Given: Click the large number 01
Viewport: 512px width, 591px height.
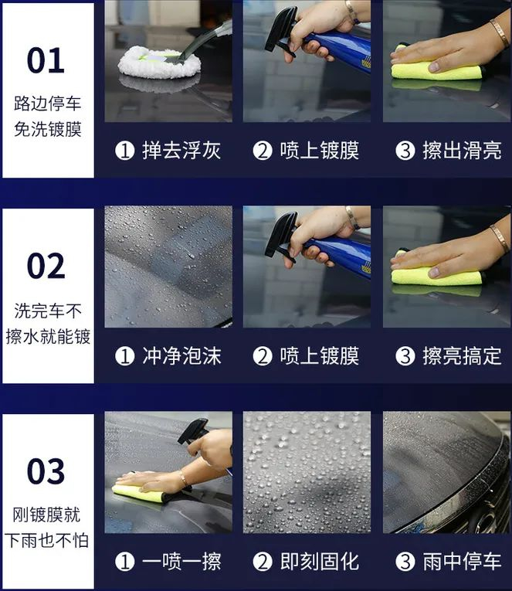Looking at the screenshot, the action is [46, 60].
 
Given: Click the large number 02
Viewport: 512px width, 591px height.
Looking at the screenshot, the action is [46, 266].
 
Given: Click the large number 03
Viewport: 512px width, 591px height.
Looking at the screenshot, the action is [46, 471].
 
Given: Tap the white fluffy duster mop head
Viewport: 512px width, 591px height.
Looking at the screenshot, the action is [160, 63].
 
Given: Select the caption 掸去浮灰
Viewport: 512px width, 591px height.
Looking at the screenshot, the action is [181, 151].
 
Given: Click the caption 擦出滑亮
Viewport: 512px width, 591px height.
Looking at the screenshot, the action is [462, 151].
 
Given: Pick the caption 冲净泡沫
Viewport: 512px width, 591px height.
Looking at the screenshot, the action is [181, 356].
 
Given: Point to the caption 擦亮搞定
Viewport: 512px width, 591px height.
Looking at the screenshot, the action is [462, 356].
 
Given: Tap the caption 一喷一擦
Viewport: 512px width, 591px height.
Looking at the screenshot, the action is [181, 561].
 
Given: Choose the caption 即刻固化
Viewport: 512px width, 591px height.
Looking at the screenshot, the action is [320, 561].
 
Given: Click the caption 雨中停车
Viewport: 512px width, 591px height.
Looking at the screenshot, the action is [462, 561].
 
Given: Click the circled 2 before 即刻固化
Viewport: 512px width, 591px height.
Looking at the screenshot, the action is [263, 562].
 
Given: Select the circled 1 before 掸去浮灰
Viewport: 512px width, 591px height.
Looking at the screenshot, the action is [124, 151].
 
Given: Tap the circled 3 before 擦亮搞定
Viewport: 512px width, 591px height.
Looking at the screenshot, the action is [405, 356].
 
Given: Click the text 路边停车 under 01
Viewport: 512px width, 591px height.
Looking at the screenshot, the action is [47, 104].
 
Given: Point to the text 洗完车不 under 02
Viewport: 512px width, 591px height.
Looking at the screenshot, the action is [48, 311].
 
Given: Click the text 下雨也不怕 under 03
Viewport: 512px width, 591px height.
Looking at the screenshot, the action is [46, 541].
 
